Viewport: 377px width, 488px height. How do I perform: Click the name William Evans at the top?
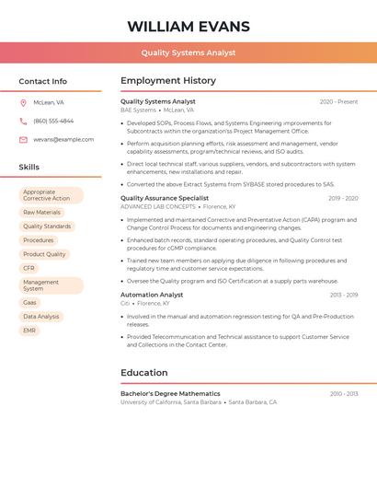click(x=188, y=26)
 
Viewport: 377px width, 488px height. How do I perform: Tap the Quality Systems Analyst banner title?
click(x=188, y=53)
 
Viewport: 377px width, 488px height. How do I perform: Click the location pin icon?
click(x=23, y=103)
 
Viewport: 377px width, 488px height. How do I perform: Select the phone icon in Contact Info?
click(x=23, y=122)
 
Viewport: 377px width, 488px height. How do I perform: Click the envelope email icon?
click(x=23, y=140)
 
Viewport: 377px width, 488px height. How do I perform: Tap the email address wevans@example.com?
click(x=63, y=140)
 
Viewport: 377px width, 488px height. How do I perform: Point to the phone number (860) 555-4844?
click(x=53, y=122)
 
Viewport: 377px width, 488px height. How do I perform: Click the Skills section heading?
click(x=29, y=168)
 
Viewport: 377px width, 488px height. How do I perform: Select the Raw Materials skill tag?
click(x=41, y=213)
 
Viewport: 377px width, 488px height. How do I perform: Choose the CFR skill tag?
click(x=29, y=268)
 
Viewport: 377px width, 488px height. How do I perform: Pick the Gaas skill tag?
click(x=30, y=302)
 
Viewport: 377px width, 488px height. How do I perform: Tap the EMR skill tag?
click(x=29, y=330)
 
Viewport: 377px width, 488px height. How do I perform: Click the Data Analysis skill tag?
click(x=41, y=316)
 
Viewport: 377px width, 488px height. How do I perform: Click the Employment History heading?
click(x=168, y=81)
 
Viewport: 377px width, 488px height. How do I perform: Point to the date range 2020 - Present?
click(x=338, y=102)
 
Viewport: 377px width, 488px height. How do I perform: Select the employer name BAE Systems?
click(x=138, y=110)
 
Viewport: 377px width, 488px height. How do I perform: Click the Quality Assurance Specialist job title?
click(x=165, y=198)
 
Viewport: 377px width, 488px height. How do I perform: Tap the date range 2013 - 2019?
click(x=343, y=296)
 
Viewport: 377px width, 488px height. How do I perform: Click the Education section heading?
click(x=144, y=373)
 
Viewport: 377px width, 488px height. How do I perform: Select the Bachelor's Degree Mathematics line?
click(x=170, y=394)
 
